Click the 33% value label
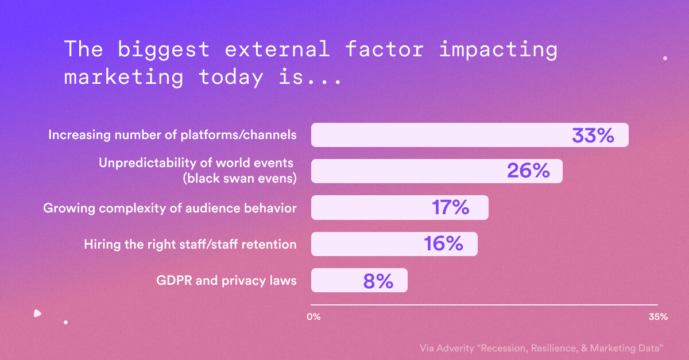tap(593, 136)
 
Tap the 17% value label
tap(450, 207)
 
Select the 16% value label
tap(443, 244)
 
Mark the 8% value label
tap(378, 281)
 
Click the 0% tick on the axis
tap(313, 317)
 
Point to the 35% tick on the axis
tap(657, 317)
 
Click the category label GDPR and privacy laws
tap(226, 281)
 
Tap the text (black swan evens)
tap(239, 178)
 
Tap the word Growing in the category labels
tap(68, 208)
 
